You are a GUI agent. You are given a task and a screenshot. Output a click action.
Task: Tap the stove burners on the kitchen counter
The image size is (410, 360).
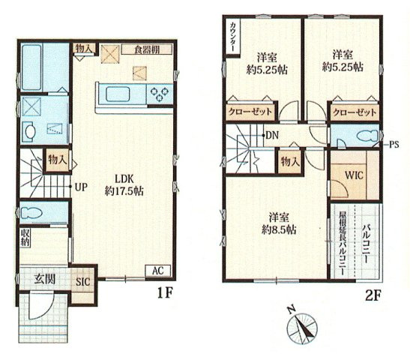160,94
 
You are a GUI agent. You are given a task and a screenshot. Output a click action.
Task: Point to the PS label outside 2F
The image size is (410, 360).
394,145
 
